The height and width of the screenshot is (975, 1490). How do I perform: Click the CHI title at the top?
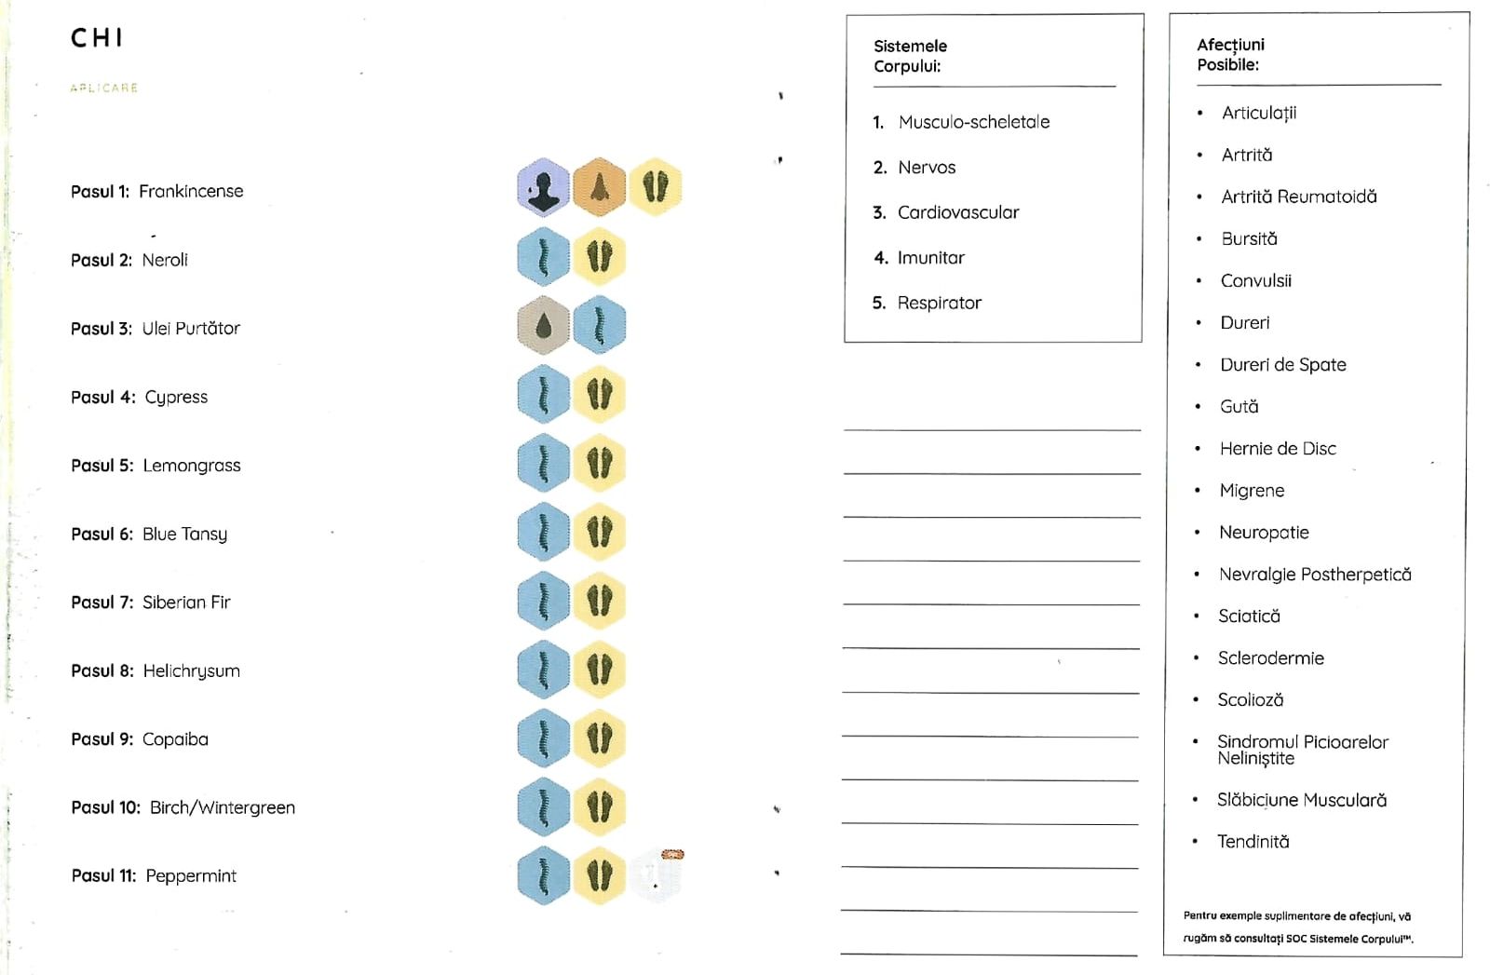tap(97, 38)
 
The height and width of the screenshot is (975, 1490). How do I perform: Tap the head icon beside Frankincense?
tap(543, 187)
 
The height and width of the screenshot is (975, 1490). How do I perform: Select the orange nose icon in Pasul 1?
tap(599, 187)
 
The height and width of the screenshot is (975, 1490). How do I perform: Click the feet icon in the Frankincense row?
tap(656, 187)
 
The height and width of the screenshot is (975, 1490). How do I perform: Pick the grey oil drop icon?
tap(543, 325)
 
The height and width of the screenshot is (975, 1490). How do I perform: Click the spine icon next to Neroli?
tap(543, 257)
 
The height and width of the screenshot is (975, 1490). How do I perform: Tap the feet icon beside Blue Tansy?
tap(599, 532)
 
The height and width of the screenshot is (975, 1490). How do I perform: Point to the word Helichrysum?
tap(191, 671)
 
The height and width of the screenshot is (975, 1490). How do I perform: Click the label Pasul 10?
tap(105, 807)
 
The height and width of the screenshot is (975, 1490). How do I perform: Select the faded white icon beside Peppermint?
tap(657, 875)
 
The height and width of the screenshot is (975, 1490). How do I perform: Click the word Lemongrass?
tap(191, 466)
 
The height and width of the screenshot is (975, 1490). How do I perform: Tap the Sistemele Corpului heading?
tap(910, 56)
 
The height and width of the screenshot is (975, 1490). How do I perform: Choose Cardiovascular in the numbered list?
tap(957, 212)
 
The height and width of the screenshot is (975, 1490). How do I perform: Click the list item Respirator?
tap(939, 303)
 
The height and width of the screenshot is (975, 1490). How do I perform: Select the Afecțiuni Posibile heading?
tap(1230, 54)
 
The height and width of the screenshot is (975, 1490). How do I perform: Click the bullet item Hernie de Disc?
tap(1278, 449)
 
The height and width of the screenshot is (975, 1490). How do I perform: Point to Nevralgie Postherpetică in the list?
tap(1314, 575)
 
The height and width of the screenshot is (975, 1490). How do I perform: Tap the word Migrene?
tap(1252, 491)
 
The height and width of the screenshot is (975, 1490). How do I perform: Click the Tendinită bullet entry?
tap(1253, 842)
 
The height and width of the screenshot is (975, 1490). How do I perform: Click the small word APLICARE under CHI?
tap(103, 88)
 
